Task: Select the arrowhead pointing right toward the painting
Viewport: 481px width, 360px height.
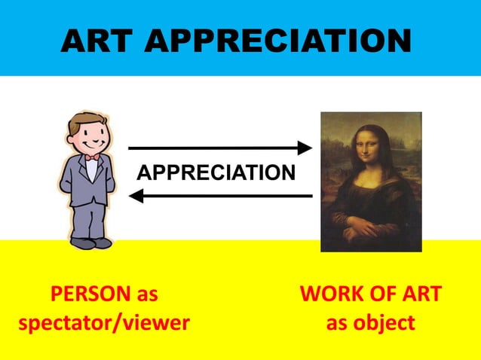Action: pyautogui.click(x=305, y=148)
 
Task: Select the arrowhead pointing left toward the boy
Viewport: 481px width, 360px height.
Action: pyautogui.click(x=136, y=196)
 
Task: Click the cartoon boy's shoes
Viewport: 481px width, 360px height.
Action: pyautogui.click(x=90, y=243)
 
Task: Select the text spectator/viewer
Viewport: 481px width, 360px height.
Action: pyautogui.click(x=103, y=323)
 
